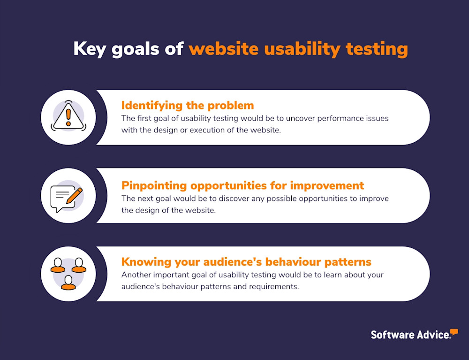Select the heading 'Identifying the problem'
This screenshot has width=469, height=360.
pos(188,105)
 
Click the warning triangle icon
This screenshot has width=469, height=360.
pos(68,117)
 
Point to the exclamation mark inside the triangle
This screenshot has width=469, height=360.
pos(68,116)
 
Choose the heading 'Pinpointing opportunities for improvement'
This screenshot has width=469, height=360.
pos(242,184)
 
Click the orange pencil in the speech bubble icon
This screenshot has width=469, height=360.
pos(74,194)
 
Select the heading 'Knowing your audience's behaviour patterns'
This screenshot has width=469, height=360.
pos(246,261)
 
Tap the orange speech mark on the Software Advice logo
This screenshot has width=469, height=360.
pos(454,332)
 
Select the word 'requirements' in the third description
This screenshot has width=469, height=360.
pos(274,286)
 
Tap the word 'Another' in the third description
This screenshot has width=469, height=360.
pos(136,275)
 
